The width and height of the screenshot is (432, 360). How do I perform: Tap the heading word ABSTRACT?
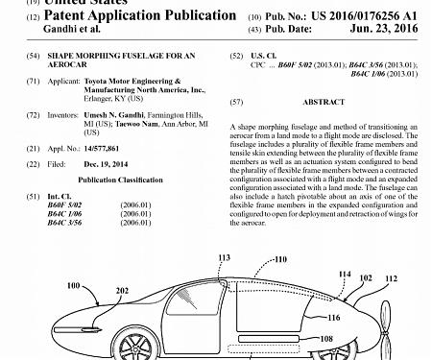[x=324, y=101]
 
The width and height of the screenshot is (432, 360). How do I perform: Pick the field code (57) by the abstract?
[x=236, y=101]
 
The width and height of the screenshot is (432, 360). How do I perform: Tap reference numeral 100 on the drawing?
[x=74, y=285]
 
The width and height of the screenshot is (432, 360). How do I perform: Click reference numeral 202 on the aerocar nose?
[x=122, y=289]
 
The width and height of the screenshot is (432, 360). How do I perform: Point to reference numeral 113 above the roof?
[x=225, y=257]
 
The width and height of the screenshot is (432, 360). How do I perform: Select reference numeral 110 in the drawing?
[x=281, y=259]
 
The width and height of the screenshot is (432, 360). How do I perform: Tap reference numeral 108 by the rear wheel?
[x=325, y=338]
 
